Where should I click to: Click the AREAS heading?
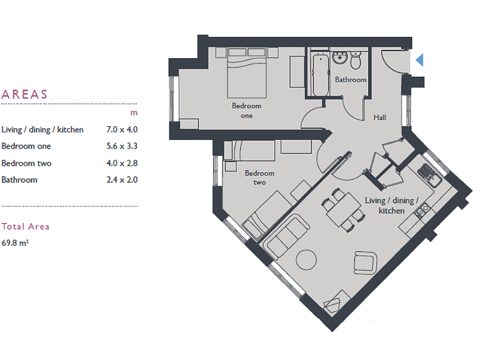click(25, 95)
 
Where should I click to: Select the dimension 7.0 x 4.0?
click(122, 130)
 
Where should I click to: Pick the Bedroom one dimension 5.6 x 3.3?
click(122, 146)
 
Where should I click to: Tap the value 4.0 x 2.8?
click(122, 163)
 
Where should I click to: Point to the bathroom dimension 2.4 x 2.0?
click(122, 179)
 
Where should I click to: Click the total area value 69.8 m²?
click(15, 242)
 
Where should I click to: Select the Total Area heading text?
click(26, 226)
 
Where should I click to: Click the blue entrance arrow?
click(420, 60)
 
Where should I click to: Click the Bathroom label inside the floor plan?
click(351, 80)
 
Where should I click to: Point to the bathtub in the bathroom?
click(319, 74)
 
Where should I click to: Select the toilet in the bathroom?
click(356, 62)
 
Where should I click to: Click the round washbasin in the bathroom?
click(340, 59)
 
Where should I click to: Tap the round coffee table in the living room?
click(306, 259)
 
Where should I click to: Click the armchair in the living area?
click(364, 263)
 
